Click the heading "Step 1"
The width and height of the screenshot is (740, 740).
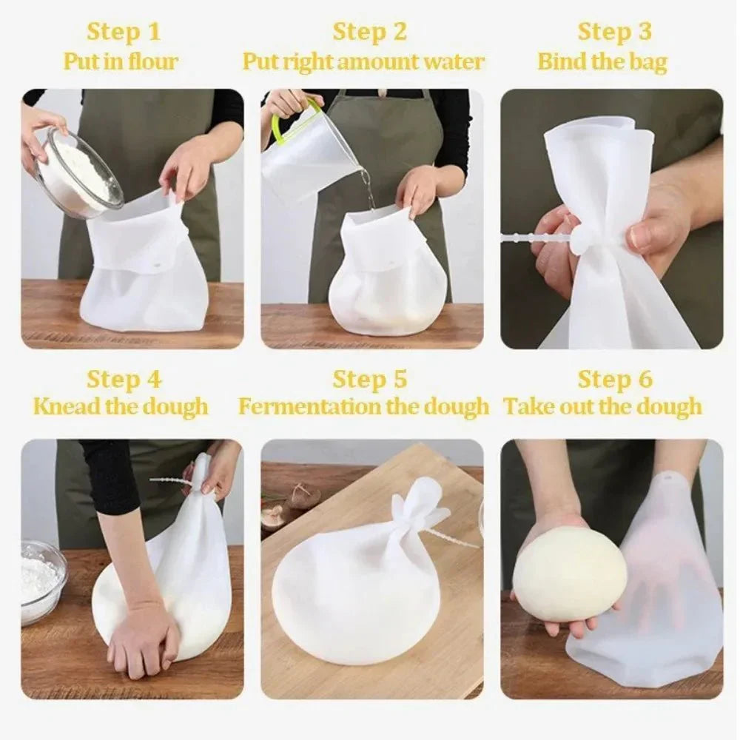click(124, 32)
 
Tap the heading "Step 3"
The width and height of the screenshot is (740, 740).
click(614, 32)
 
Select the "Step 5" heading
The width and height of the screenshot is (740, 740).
click(369, 380)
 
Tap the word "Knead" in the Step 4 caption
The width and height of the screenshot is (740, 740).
click(62, 406)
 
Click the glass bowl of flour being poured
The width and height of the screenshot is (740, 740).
click(77, 170)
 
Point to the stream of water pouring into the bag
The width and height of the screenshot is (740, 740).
click(366, 185)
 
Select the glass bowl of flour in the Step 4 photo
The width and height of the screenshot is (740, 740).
click(41, 581)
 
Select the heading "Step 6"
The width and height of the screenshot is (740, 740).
click(614, 380)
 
